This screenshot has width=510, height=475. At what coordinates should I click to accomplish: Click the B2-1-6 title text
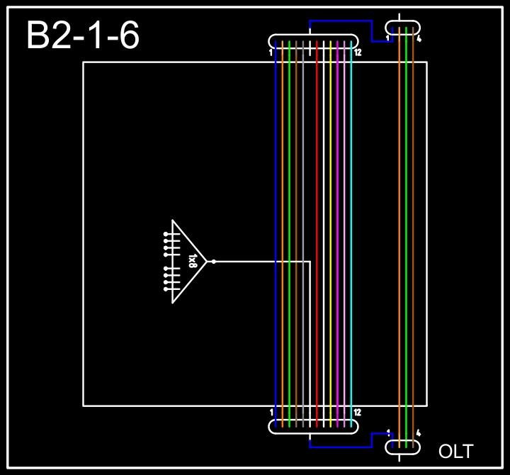[x=82, y=36]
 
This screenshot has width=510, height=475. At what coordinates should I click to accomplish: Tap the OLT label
[x=455, y=452]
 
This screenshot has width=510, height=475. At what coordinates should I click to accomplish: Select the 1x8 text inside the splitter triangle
[x=193, y=261]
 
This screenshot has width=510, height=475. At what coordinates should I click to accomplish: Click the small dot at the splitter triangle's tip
[x=214, y=262]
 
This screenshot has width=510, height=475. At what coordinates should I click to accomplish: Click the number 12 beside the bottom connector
[x=358, y=413]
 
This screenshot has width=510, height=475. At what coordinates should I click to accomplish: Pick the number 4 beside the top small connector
[x=419, y=39]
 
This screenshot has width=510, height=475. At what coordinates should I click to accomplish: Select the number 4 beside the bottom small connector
[x=419, y=433]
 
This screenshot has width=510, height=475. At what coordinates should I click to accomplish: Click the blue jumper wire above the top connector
[x=340, y=21]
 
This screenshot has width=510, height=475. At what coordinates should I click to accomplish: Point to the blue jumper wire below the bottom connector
[x=340, y=447]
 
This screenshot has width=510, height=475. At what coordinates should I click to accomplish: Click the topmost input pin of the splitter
[x=166, y=233]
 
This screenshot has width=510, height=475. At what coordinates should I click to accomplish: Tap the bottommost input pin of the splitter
[x=166, y=289]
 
